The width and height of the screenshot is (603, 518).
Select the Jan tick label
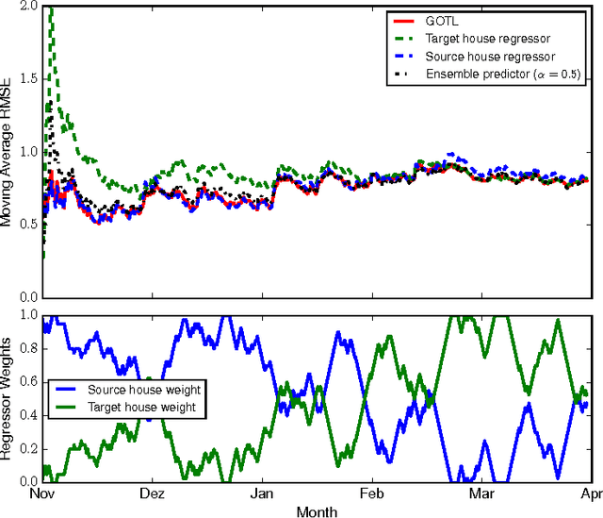pos(263,493)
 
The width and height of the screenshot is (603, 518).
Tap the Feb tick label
pos(372,493)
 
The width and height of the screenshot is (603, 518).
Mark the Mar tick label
pos(481,493)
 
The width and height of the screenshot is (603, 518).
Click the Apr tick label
pos(590,493)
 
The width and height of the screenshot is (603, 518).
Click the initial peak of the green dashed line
pos(51,9)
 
